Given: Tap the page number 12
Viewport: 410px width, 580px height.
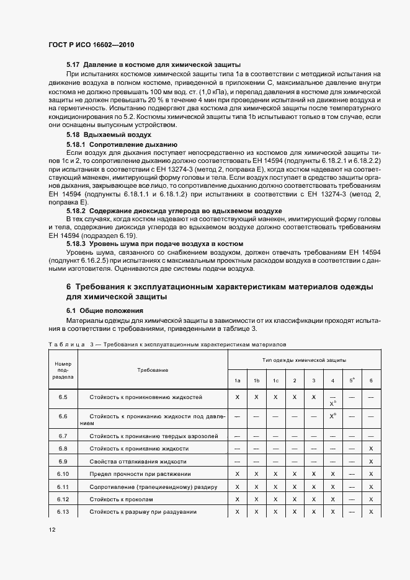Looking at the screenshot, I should [x=51, y=530].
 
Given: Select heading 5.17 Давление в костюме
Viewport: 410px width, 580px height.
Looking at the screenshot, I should [x=153, y=65].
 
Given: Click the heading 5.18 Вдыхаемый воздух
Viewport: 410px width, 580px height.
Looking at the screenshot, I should [x=109, y=134].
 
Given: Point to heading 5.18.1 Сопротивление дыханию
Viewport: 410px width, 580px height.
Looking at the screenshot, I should [x=117, y=144].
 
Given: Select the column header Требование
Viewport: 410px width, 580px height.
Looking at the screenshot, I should [x=153, y=370].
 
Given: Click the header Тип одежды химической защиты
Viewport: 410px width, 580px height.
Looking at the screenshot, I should [x=303, y=359].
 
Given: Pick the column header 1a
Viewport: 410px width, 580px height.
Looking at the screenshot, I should [x=238, y=380].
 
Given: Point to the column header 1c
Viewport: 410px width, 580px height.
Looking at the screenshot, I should [x=275, y=380].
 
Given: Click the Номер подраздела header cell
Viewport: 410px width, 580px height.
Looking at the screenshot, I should [x=63, y=369].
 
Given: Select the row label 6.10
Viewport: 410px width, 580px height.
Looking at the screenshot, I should [x=63, y=474].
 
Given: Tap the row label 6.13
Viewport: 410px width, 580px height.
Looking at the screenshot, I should [x=63, y=511].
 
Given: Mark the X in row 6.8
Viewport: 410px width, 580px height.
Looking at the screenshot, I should [x=370, y=449].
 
